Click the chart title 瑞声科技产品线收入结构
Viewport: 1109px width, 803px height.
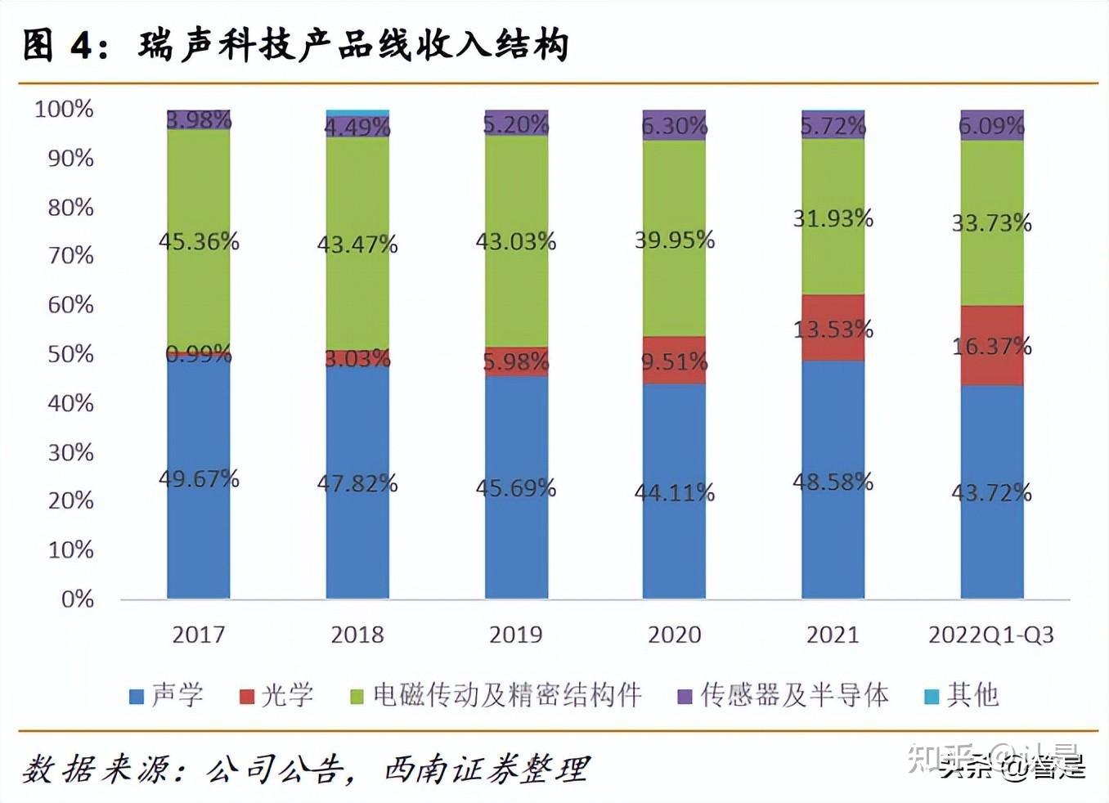[x=353, y=45]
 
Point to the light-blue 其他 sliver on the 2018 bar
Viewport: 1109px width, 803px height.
[x=357, y=113]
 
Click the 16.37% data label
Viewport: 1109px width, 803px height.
[x=991, y=346]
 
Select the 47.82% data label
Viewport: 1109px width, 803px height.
[x=357, y=483]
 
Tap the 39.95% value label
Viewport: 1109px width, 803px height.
[x=674, y=240]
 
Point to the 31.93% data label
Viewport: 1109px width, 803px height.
[x=833, y=218]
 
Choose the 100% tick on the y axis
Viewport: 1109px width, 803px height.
[x=64, y=109]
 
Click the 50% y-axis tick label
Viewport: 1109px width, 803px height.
[x=70, y=354]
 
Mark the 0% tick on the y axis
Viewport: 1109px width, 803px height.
[x=77, y=599]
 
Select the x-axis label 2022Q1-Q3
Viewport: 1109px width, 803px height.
[x=991, y=635]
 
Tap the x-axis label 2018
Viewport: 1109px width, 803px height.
[x=357, y=635]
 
